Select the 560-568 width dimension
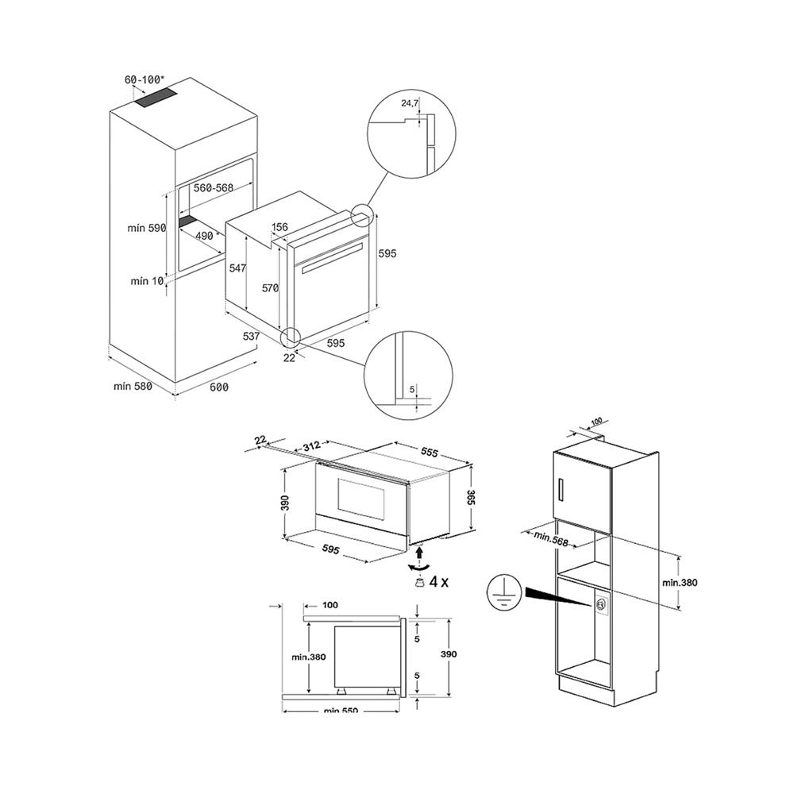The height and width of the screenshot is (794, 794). point(212,189)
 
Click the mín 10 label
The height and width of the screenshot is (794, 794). point(147,281)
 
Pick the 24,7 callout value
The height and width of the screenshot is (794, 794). point(410,103)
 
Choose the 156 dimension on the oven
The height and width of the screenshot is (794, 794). point(279,227)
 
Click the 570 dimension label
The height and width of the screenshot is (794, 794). point(271,288)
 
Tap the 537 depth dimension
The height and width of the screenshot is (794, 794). point(252,336)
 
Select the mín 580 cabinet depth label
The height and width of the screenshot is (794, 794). point(132,387)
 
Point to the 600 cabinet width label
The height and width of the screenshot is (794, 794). point(218,387)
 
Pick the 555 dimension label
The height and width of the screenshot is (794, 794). point(430,451)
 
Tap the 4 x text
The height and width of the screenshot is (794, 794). point(438,581)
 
